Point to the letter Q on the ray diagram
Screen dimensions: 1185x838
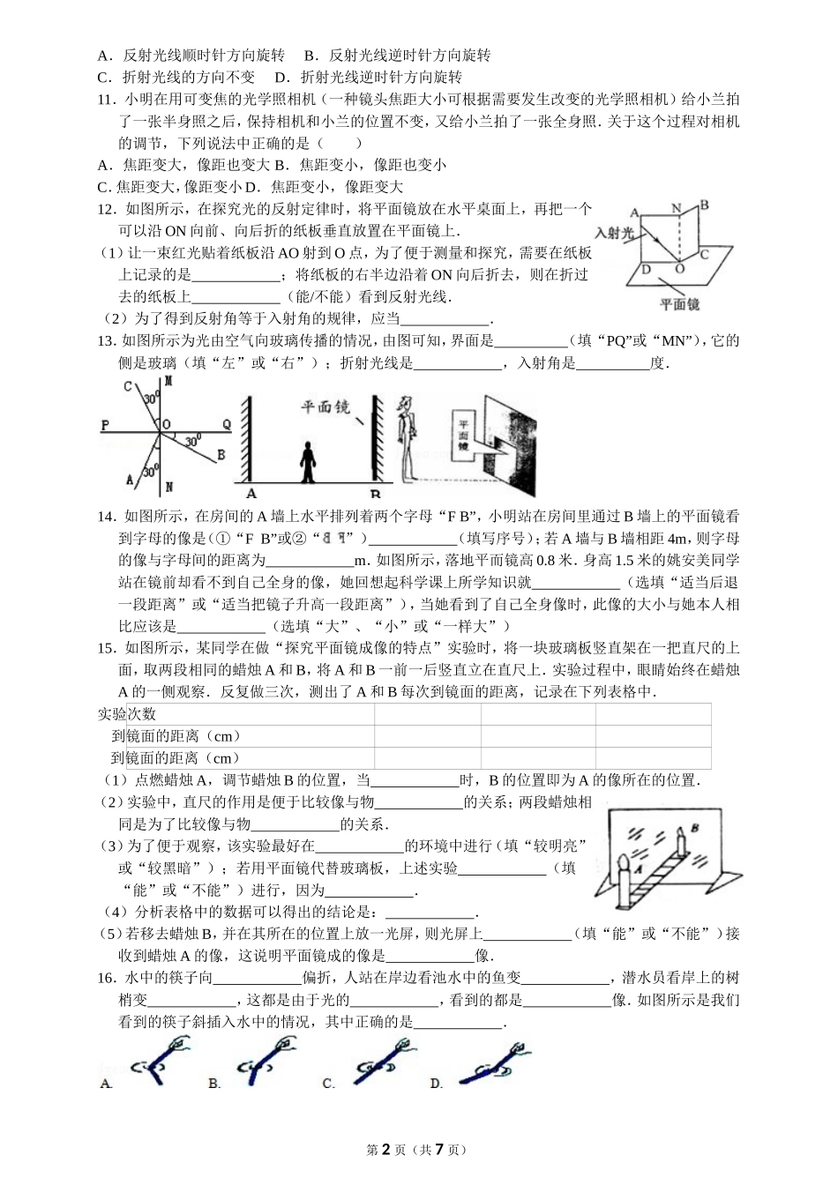coord(226,424)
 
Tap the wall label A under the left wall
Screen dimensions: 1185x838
coord(251,494)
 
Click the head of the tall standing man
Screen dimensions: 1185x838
coord(406,404)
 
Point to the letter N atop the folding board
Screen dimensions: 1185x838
coord(677,208)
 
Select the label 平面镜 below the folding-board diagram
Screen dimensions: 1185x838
coord(680,304)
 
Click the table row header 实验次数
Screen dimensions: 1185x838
coord(127,713)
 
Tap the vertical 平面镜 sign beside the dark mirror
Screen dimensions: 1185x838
coord(461,436)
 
